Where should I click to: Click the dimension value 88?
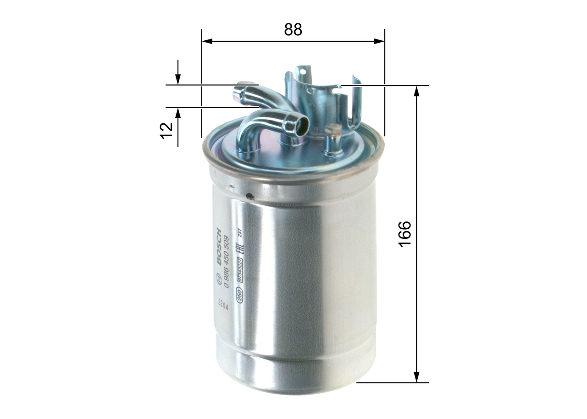click(293, 30)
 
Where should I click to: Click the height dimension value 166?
click(404, 234)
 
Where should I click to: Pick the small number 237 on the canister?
click(238, 233)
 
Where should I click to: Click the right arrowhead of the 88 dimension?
click(380, 41)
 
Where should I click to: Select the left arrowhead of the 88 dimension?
click(207, 41)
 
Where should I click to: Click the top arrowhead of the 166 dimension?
click(416, 91)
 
